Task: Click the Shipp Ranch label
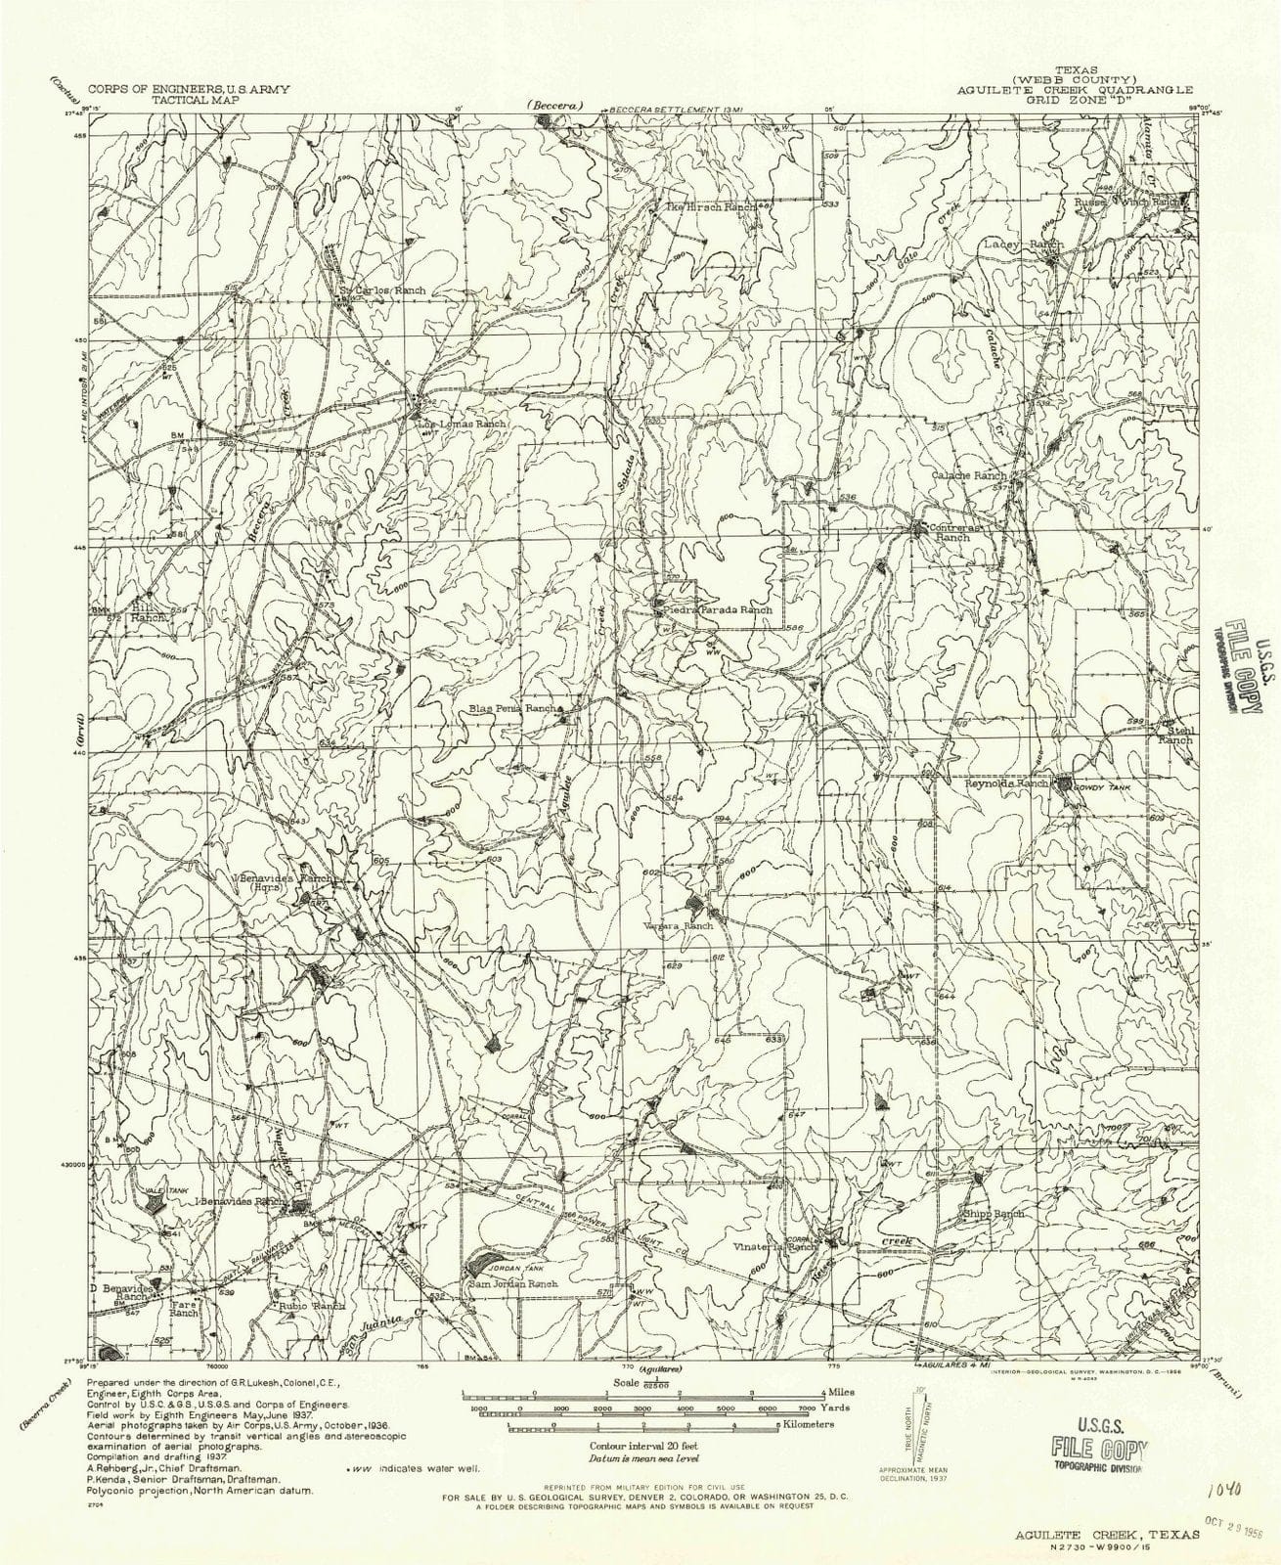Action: pos(993,1213)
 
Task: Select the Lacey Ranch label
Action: pos(1023,242)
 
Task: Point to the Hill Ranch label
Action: pos(152,611)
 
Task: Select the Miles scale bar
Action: pos(640,1392)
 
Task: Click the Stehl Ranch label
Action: pos(1175,735)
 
